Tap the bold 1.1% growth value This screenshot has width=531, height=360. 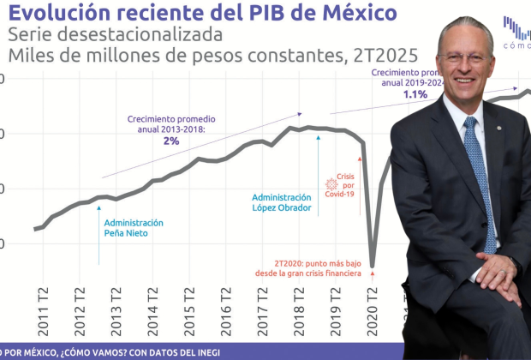415,94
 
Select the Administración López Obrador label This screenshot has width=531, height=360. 281,202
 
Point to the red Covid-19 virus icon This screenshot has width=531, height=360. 331,184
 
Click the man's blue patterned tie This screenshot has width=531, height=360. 479,180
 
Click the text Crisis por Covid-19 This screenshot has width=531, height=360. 345,184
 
